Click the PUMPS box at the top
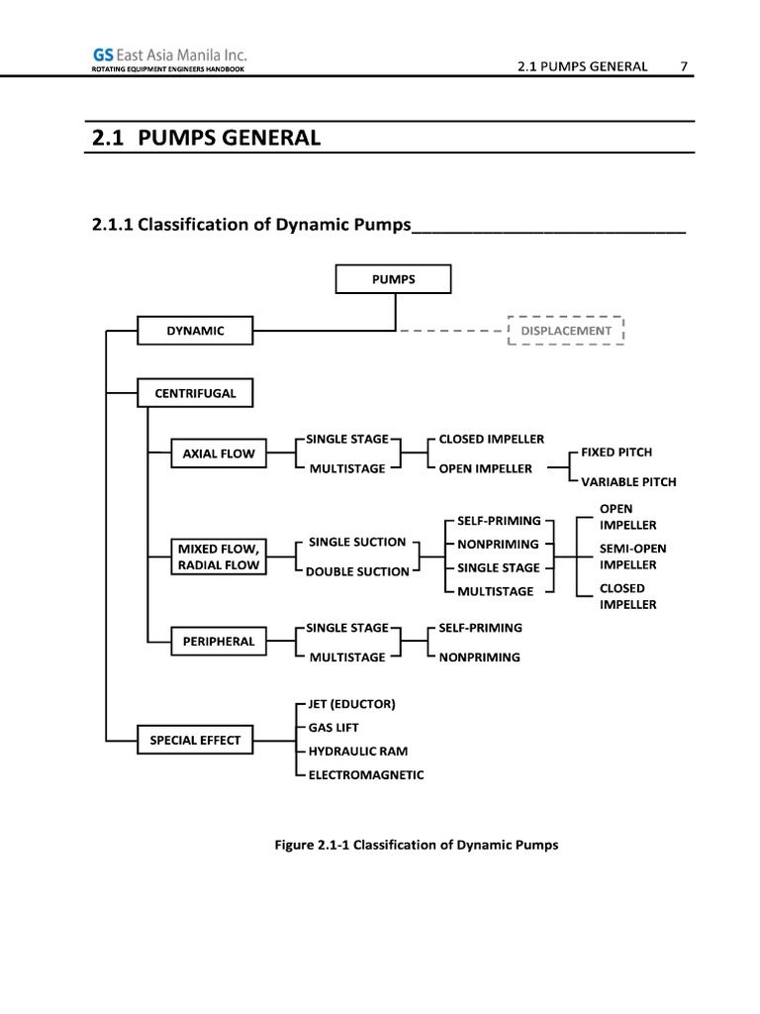tap(393, 279)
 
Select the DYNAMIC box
tap(195, 331)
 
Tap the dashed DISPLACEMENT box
tap(565, 331)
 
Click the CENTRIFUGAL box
tap(195, 393)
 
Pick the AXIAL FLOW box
tap(219, 454)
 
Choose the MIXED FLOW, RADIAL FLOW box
tap(219, 557)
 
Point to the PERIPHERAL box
tap(219, 641)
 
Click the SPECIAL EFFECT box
tap(195, 739)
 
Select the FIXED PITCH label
tap(616, 452)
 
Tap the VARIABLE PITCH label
tap(628, 482)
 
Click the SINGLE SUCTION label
tap(356, 542)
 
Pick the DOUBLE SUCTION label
tap(356, 571)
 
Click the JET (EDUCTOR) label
tap(351, 704)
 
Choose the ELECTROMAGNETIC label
tap(365, 775)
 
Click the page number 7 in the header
tap(683, 66)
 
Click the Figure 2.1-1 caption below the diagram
tap(416, 845)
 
